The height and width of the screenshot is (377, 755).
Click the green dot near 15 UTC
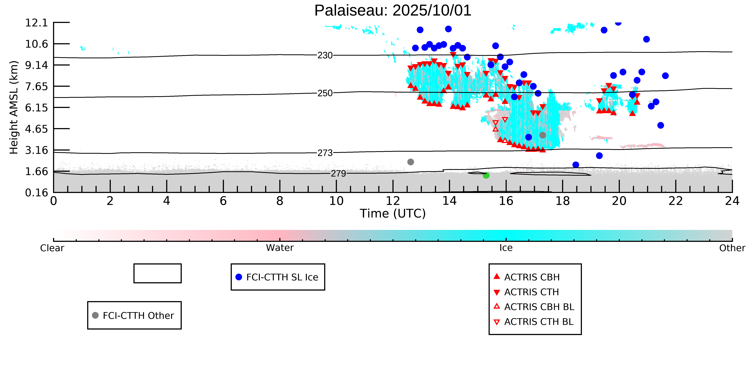486,175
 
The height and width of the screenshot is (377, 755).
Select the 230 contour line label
325,55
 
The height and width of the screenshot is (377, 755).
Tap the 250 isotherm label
325,93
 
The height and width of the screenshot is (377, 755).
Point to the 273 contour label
325,153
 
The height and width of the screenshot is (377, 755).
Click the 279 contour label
338,174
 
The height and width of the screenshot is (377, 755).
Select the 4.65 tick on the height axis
36,129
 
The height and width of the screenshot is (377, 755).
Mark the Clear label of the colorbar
52,248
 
